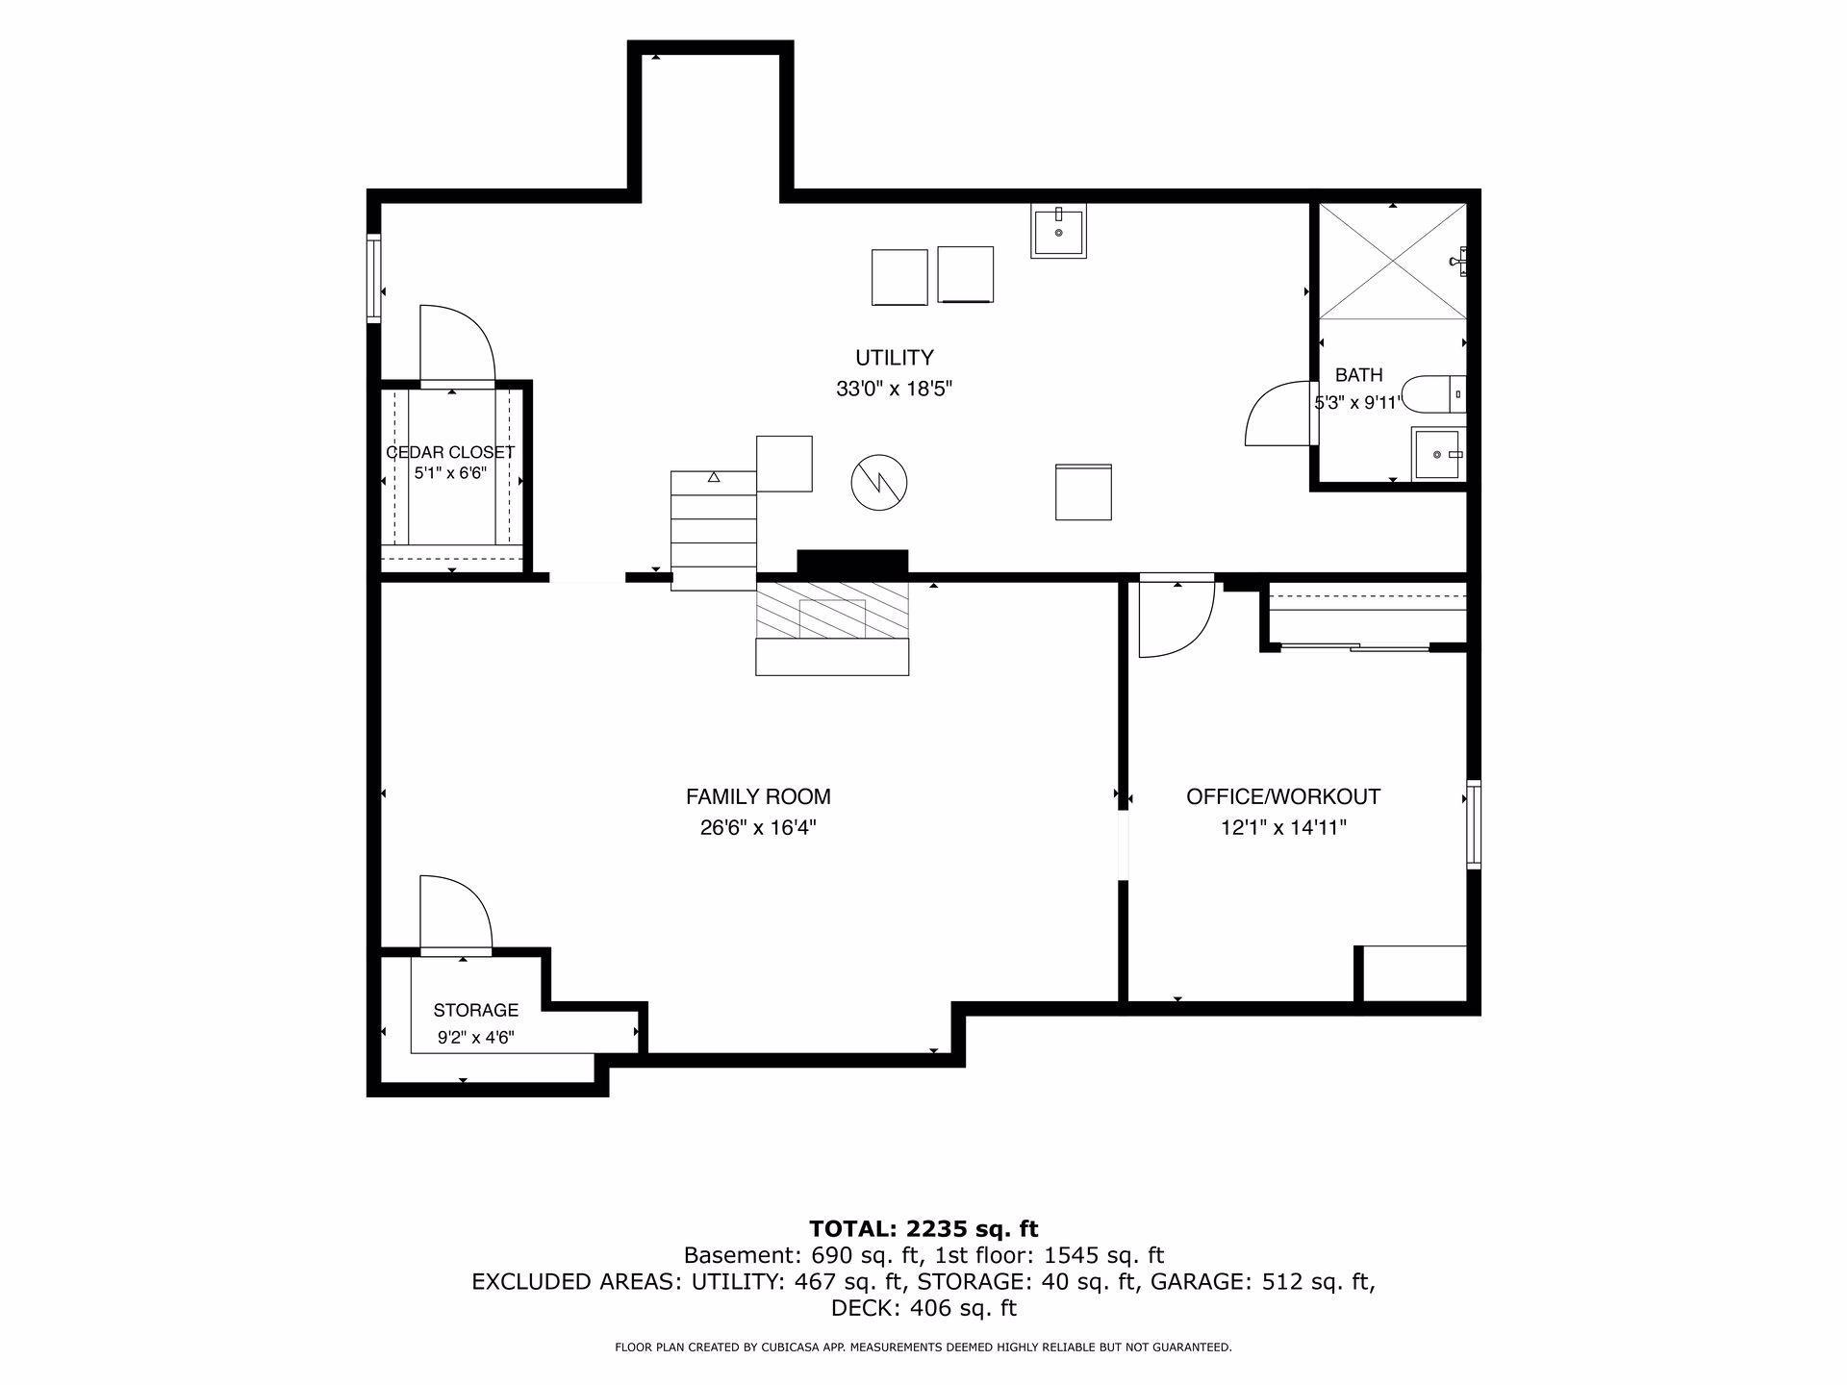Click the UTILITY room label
[895, 358]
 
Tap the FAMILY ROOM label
[758, 796]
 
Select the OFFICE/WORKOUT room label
[1283, 796]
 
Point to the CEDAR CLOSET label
[450, 452]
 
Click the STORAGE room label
[475, 1010]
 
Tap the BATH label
[1358, 375]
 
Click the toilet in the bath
[1433, 394]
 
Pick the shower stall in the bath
[1392, 261]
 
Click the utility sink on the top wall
[1059, 231]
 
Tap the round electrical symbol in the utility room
[879, 482]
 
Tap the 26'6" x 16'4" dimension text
[758, 827]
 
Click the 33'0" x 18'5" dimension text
[895, 390]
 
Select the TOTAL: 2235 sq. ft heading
[923, 1228]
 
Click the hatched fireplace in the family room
[832, 609]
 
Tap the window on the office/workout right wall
[1474, 824]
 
